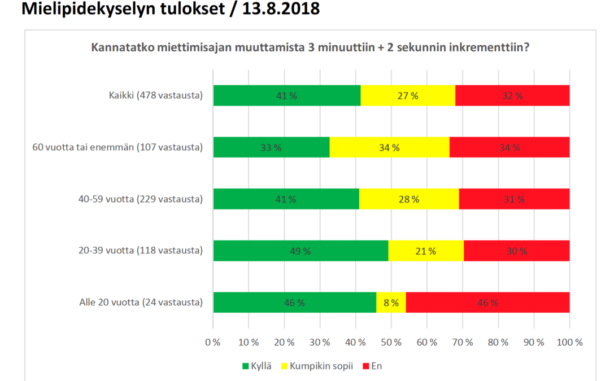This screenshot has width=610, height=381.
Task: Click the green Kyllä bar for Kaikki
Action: tap(287, 95)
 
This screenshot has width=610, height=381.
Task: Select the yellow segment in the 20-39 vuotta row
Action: tap(426, 251)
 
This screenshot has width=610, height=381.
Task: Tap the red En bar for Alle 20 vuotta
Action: tap(487, 303)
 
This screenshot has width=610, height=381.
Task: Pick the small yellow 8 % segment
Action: tap(391, 303)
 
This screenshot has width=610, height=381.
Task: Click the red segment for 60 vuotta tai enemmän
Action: tap(509, 147)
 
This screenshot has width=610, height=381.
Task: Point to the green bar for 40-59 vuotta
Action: tap(286, 199)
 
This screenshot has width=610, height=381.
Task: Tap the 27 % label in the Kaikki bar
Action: tap(408, 96)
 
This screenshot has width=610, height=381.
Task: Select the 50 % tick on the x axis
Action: tap(391, 342)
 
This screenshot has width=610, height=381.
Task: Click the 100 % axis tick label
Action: tap(569, 342)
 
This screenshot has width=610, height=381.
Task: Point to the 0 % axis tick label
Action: tap(213, 342)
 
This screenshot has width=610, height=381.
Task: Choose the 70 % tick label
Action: tap(463, 342)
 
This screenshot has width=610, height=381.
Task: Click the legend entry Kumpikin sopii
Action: tap(321, 366)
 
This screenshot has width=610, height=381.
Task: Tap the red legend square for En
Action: tap(365, 366)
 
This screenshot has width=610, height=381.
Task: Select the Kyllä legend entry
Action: tap(257, 366)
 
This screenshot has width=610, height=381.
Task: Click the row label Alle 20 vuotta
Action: tap(141, 302)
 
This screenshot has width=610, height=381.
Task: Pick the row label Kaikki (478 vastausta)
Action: tap(156, 95)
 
